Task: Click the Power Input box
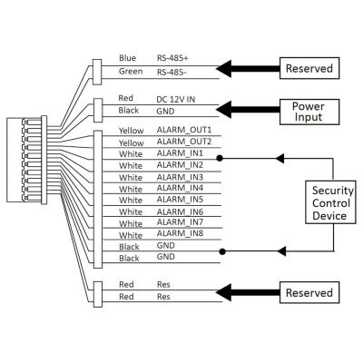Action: [x=309, y=112]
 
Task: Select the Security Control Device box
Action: [x=330, y=202]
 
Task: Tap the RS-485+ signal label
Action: [x=172, y=58]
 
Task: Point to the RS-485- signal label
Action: [x=172, y=72]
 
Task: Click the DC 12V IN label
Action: [x=175, y=99]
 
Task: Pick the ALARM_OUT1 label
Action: [x=184, y=130]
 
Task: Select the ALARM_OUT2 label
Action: [x=184, y=142]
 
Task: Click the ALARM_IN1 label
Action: [x=180, y=153]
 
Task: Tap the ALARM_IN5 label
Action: [x=180, y=200]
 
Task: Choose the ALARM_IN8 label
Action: [x=180, y=233]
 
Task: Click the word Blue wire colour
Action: [x=127, y=58]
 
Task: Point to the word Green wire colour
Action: [x=131, y=72]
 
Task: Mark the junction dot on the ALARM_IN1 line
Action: [x=220, y=158]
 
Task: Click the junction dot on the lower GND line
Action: [x=222, y=251]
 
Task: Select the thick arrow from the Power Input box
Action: [x=248, y=109]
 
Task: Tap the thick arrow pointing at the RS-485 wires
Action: [x=248, y=69]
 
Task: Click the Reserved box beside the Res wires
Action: [x=309, y=292]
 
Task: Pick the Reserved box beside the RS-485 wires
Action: [x=309, y=68]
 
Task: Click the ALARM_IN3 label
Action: [x=180, y=177]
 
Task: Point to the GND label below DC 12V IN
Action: [x=165, y=112]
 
